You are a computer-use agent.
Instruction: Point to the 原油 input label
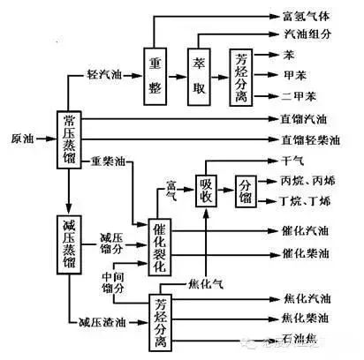tap(23, 139)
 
